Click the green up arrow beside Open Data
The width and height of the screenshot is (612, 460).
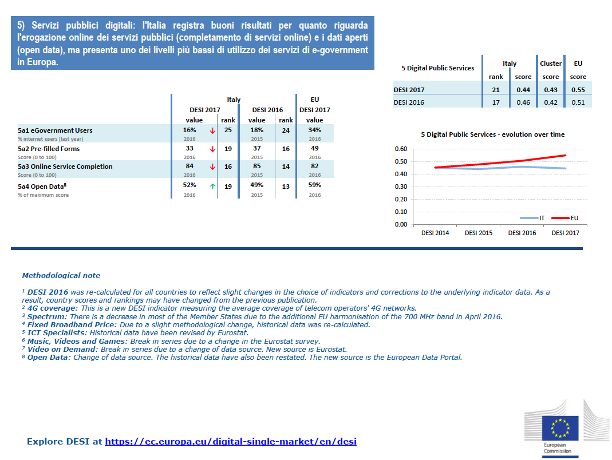[212, 185]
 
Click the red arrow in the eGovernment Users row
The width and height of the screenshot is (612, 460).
[212, 131]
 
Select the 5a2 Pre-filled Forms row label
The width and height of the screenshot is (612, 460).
[49, 149]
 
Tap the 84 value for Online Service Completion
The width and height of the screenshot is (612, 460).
[189, 166]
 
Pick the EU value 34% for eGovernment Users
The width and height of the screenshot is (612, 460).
[314, 130]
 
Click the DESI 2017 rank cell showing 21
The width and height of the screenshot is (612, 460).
[496, 90]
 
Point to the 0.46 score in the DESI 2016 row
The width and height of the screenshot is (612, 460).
[523, 102]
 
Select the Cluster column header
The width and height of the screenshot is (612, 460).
[551, 64]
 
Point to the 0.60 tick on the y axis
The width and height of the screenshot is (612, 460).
[401, 149]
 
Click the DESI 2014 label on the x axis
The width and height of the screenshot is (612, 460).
[435, 233]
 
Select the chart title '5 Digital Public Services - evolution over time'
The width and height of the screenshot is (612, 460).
[492, 134]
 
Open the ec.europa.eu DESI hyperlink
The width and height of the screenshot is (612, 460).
[231, 441]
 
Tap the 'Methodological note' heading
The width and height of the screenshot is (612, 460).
[61, 275]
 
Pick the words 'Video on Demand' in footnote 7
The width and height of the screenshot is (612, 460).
[62, 349]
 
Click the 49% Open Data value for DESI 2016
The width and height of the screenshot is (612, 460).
[257, 185]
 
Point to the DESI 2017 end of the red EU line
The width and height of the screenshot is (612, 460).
[566, 155]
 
